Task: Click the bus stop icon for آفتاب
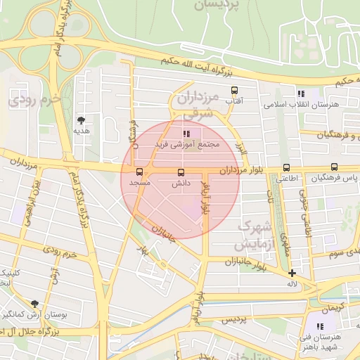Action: [x=234, y=90]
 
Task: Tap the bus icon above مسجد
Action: [x=139, y=172]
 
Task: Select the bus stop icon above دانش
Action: [x=181, y=172]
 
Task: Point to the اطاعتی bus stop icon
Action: [x=286, y=167]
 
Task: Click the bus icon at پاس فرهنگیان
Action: [x=334, y=167]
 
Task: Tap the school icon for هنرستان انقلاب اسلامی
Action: [x=301, y=94]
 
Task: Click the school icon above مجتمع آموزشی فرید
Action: [x=186, y=133]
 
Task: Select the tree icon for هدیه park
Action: [x=81, y=120]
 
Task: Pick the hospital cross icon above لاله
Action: [x=292, y=273]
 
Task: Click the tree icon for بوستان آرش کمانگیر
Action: [x=34, y=304]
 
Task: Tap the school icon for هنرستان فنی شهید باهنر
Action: [x=321, y=326]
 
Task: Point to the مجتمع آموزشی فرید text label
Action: [x=188, y=143]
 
